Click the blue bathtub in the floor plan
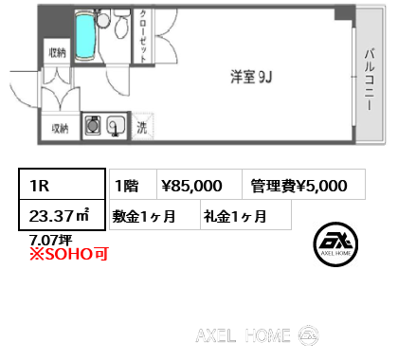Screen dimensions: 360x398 pyautogui.click(x=85, y=37)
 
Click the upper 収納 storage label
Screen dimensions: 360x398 pyautogui.click(x=57, y=54)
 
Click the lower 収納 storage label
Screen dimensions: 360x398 pyautogui.click(x=59, y=128)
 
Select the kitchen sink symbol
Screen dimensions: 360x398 pyautogui.click(x=118, y=126)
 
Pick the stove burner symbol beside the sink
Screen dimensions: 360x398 pyautogui.click(x=95, y=125)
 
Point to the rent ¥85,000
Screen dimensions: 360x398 pyautogui.click(x=192, y=186)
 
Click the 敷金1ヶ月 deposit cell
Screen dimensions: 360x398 pyautogui.click(x=144, y=215)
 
